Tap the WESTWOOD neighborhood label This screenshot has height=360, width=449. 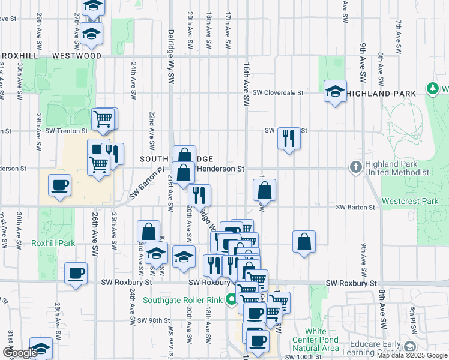[x=76, y=56]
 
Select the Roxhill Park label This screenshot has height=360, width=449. [x=53, y=244]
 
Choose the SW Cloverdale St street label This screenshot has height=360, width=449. [x=278, y=93]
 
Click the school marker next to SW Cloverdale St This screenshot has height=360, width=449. [x=335, y=92]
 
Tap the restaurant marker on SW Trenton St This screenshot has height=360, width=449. [x=289, y=138]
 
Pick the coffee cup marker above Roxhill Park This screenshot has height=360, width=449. [x=59, y=185]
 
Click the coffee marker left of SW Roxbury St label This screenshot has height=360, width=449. [x=76, y=274]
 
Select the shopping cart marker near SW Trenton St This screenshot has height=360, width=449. [x=103, y=119]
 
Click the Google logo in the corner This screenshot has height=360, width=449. [x=20, y=353]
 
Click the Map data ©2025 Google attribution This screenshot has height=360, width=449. [x=412, y=356]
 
